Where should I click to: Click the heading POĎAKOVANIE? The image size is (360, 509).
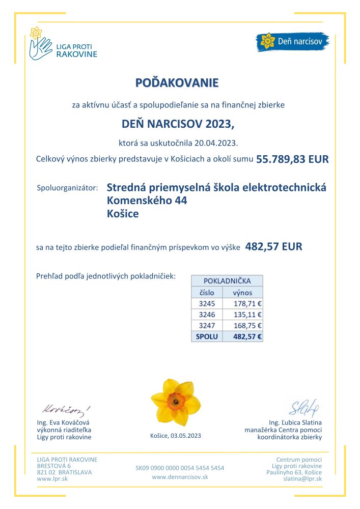pyautogui.click(x=177, y=82)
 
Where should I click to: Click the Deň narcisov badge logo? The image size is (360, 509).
pyautogui.click(x=292, y=41)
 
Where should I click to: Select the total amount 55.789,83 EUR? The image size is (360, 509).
pyautogui.click(x=292, y=159)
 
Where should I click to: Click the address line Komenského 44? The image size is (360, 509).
pyautogui.click(x=147, y=201)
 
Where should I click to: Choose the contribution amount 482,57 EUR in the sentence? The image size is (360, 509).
pyautogui.click(x=273, y=247)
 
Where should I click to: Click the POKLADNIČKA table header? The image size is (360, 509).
pyautogui.click(x=227, y=281)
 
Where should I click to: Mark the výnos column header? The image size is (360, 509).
pyautogui.click(x=242, y=293)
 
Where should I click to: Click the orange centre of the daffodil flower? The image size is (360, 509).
pyautogui.click(x=175, y=401)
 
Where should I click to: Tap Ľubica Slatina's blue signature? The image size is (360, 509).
pyautogui.click(x=303, y=407)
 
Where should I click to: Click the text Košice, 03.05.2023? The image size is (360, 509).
pyautogui.click(x=176, y=435)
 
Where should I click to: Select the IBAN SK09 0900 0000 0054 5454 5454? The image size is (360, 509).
pyautogui.click(x=180, y=468)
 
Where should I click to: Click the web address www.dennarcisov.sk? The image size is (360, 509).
pyautogui.click(x=180, y=477)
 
